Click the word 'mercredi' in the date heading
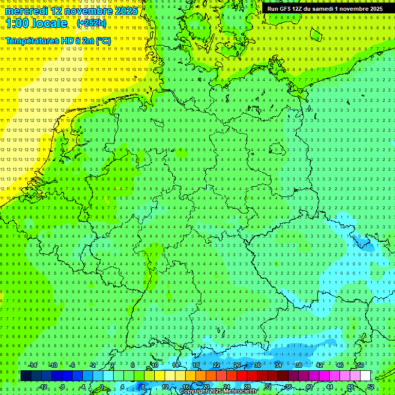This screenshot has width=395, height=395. coord(26,11)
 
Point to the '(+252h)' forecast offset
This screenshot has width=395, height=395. coord(92,23)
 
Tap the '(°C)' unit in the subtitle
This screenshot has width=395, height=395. coord(103,41)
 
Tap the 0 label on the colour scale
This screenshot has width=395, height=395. coord(101,387)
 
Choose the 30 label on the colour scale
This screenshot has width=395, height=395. coord(258,365)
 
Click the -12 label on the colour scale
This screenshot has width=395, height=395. coord(43,387)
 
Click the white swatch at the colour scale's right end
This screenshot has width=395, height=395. coord(365,375)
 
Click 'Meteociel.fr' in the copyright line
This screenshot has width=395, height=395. coord(240,391)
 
